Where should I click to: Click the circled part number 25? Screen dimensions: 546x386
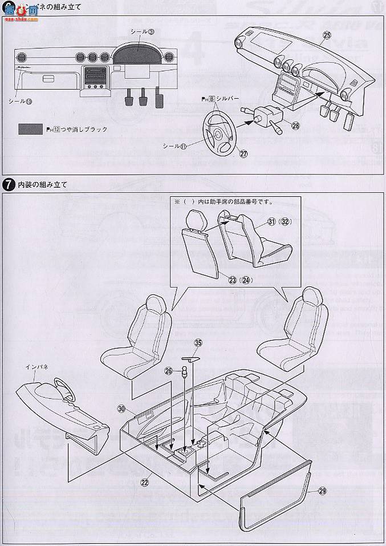(x=327, y=35)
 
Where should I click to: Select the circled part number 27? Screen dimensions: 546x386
(x=243, y=153)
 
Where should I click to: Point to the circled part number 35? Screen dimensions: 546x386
(x=198, y=343)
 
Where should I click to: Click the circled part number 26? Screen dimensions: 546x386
(x=168, y=371)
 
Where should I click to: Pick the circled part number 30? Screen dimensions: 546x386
(x=121, y=409)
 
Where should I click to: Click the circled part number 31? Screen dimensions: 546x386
(x=271, y=222)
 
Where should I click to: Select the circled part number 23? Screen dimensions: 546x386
(x=232, y=280)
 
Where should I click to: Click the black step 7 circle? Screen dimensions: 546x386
(x=9, y=185)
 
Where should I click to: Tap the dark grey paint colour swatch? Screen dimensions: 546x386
(x=30, y=130)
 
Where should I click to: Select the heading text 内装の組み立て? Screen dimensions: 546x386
(x=43, y=185)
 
